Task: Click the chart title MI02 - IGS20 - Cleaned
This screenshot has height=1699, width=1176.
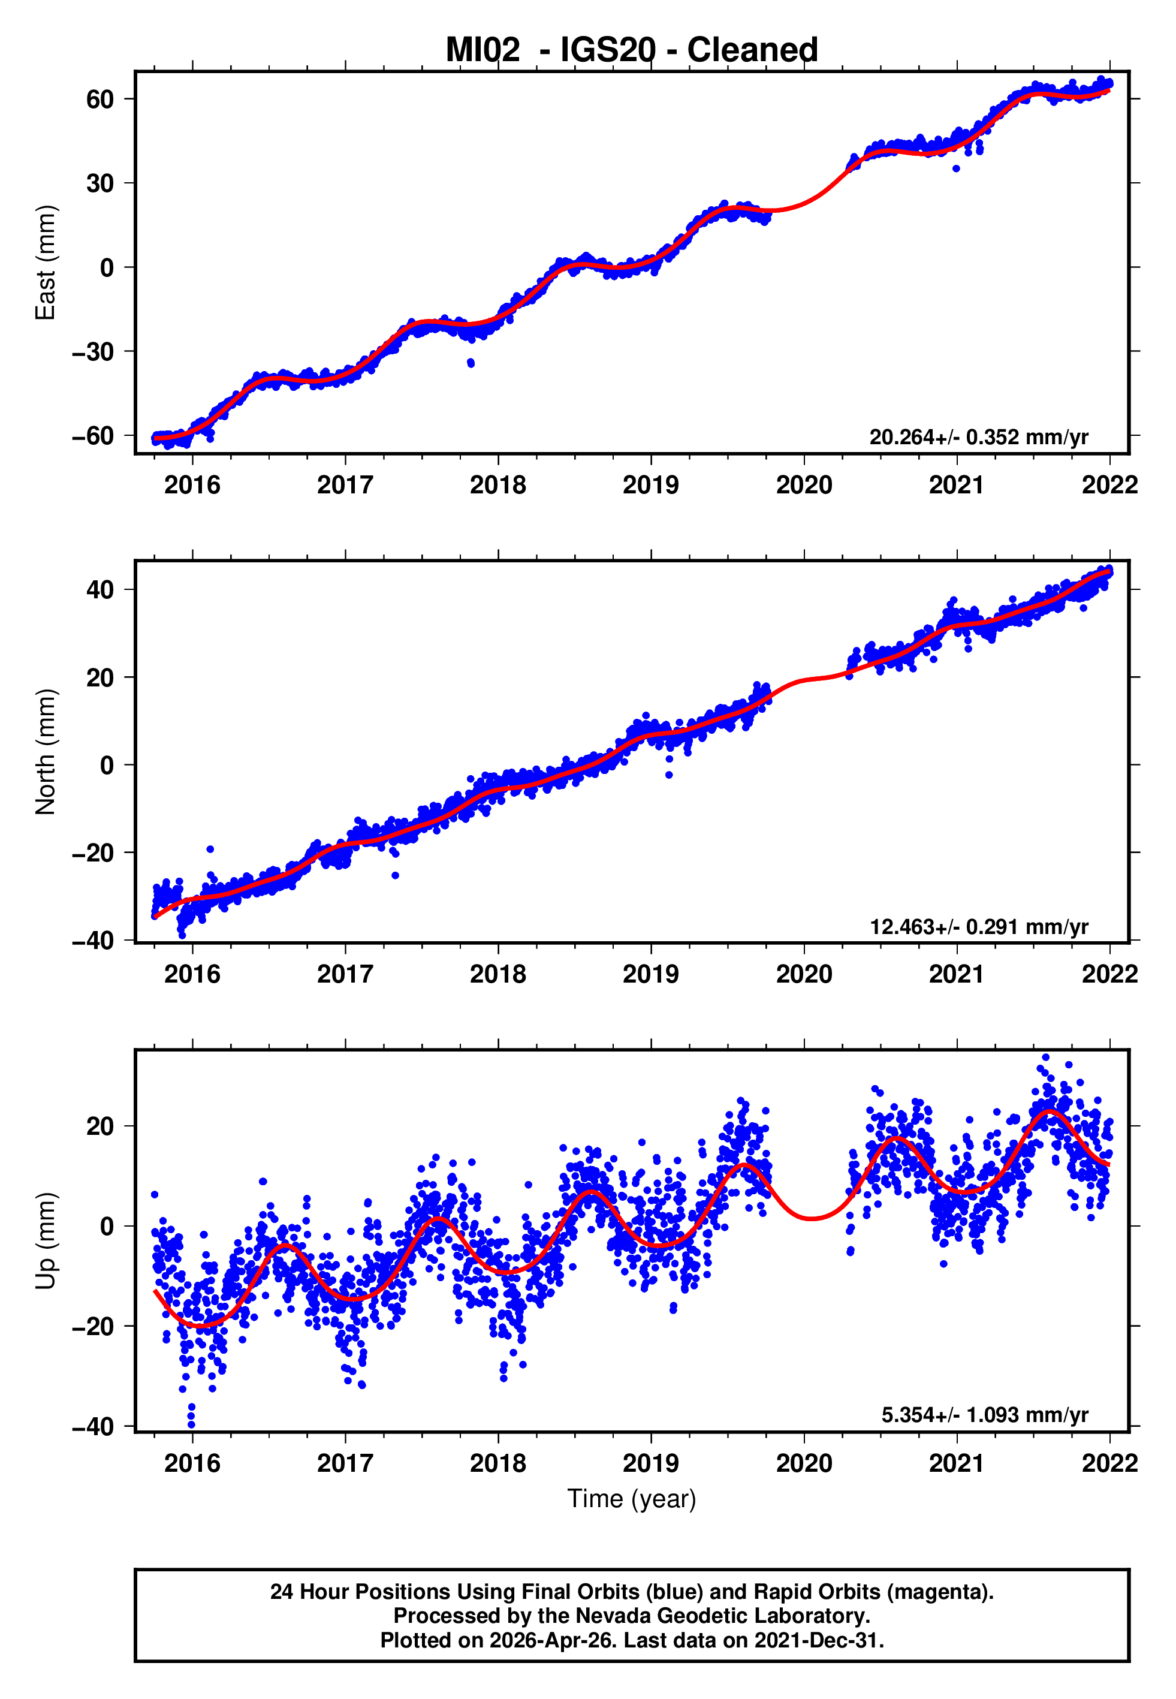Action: (x=632, y=50)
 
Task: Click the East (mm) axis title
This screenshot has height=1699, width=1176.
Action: (x=46, y=263)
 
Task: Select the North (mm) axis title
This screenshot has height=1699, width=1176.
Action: (x=46, y=752)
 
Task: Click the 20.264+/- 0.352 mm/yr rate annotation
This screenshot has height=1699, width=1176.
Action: (x=979, y=437)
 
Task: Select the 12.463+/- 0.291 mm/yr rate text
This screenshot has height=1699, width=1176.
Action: (x=979, y=926)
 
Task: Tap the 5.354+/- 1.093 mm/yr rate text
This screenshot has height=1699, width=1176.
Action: (x=984, y=1415)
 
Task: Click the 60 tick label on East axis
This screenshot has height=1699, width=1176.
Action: (x=100, y=100)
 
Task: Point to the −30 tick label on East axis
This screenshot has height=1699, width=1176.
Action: (x=93, y=352)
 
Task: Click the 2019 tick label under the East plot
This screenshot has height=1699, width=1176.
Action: (x=650, y=485)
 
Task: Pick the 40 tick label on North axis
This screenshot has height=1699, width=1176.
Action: (x=100, y=589)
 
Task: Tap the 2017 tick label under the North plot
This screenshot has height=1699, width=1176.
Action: (x=345, y=974)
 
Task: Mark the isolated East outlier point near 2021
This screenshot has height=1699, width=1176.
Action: (x=955, y=168)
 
